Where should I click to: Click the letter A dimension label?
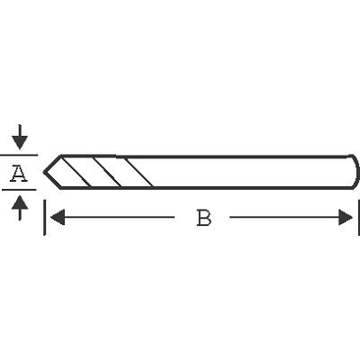click(19, 174)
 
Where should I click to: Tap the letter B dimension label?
click(204, 218)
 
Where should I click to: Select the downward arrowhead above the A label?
click(20, 142)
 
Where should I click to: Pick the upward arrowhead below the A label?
click(20, 202)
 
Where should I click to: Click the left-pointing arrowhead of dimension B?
click(58, 217)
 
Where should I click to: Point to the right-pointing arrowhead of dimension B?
click(346, 217)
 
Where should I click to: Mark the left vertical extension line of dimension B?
click(44, 218)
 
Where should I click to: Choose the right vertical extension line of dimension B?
click(359, 218)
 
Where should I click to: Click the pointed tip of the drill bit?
click(44, 172)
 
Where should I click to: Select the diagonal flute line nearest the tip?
click(76, 172)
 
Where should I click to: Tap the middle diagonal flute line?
click(107, 172)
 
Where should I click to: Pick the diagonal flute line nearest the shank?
click(139, 172)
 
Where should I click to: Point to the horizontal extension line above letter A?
click(19, 155)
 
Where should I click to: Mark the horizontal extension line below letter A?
click(19, 190)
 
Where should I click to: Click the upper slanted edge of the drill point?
click(52, 164)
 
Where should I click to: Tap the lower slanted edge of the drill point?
click(52, 181)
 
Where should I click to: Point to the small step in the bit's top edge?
click(116, 156)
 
